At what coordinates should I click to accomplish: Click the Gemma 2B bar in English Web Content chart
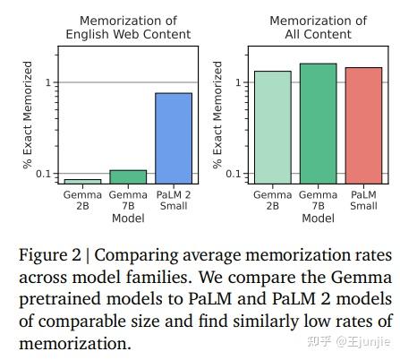82,181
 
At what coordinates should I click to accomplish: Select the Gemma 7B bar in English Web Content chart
128,176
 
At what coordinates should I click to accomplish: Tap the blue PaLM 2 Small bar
174,138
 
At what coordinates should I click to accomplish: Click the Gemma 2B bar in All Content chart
272,127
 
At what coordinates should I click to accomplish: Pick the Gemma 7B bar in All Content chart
318,124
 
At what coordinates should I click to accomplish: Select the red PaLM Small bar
363,125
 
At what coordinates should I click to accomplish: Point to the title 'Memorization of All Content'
318,28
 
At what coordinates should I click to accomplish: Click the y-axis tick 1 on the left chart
49,83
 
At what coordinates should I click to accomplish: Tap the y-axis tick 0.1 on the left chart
45,174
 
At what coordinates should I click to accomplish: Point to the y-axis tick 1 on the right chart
239,83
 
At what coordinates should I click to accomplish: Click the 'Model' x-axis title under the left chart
128,218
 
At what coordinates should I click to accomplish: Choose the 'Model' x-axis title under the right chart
318,218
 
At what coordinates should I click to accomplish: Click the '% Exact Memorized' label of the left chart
28,116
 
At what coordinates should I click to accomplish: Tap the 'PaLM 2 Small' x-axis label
174,200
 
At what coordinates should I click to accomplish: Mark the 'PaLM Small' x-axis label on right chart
363,200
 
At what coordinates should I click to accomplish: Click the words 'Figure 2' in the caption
50,256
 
